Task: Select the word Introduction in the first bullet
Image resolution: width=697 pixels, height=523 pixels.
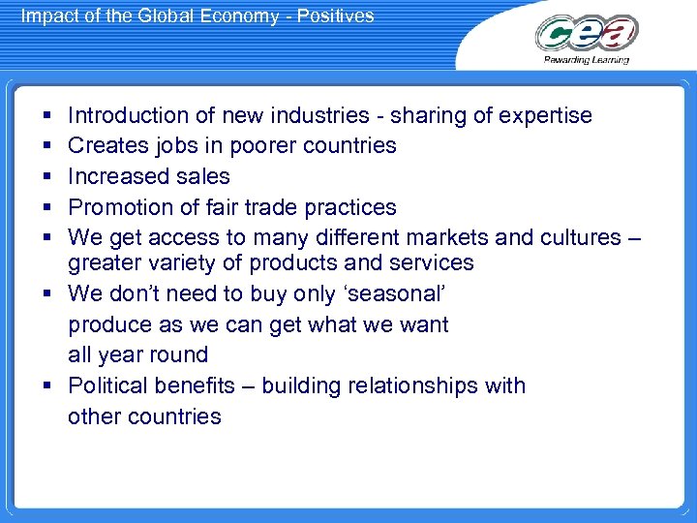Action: click(129, 115)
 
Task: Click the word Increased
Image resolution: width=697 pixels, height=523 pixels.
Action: click(114, 176)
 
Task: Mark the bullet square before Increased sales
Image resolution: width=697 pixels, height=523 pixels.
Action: click(46, 177)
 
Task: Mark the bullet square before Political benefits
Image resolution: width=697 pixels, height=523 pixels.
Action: click(46, 386)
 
